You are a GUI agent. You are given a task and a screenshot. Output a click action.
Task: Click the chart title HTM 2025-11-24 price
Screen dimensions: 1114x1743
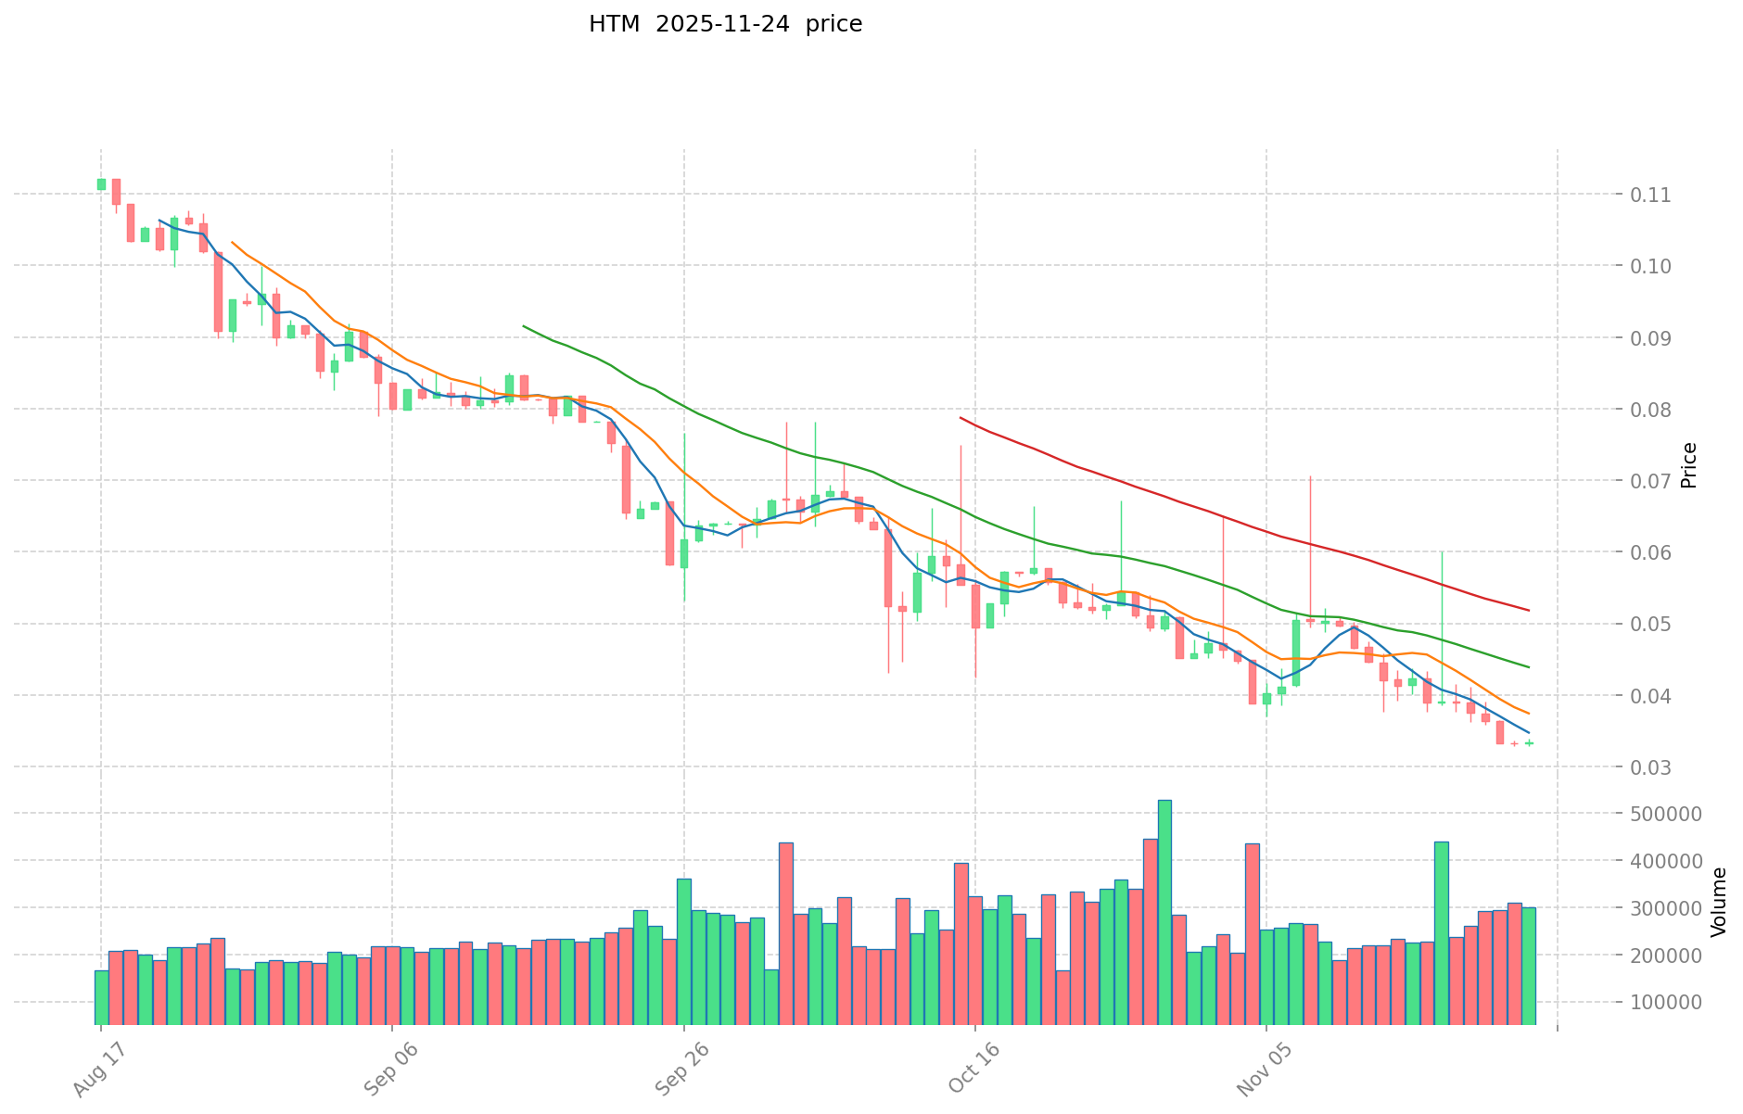pos(725,24)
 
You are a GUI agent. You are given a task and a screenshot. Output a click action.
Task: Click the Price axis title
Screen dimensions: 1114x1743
pos(1689,465)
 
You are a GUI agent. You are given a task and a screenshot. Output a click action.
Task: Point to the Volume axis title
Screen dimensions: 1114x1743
pos(1719,901)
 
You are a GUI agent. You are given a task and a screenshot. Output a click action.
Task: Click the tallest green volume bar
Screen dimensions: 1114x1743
pos(1164,912)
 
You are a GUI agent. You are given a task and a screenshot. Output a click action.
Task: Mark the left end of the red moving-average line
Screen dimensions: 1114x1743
pos(961,418)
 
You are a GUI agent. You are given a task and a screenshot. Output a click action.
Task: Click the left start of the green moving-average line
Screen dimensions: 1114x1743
pos(524,326)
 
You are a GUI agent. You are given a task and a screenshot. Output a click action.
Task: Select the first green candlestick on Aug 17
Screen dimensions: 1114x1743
pos(101,184)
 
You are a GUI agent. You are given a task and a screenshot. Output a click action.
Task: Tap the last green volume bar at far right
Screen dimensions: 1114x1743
pos(1529,966)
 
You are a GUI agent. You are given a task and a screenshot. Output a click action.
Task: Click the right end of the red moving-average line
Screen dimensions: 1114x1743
pos(1529,610)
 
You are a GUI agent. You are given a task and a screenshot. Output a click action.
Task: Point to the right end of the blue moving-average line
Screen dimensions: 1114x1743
pos(1529,733)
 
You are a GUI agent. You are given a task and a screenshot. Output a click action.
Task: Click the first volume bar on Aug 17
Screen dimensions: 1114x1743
pos(101,997)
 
